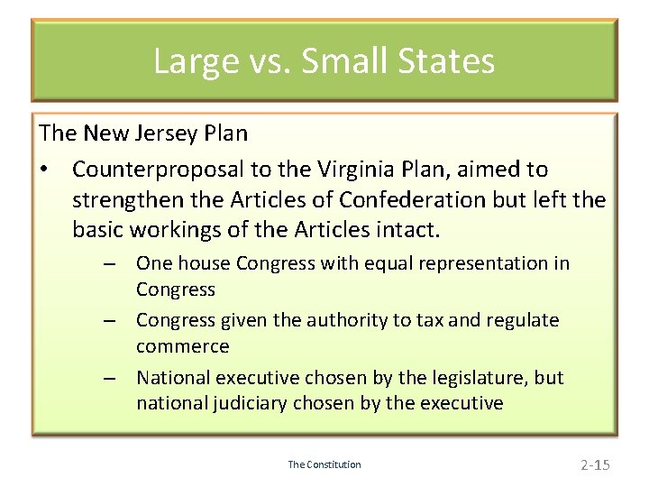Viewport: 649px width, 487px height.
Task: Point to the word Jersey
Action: point(166,133)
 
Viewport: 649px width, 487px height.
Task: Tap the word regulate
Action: point(521,320)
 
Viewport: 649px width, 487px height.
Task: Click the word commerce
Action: point(183,346)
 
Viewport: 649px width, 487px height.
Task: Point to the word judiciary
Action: point(251,403)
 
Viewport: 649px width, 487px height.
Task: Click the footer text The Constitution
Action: point(324,464)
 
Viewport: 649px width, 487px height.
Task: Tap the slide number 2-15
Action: point(595,464)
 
